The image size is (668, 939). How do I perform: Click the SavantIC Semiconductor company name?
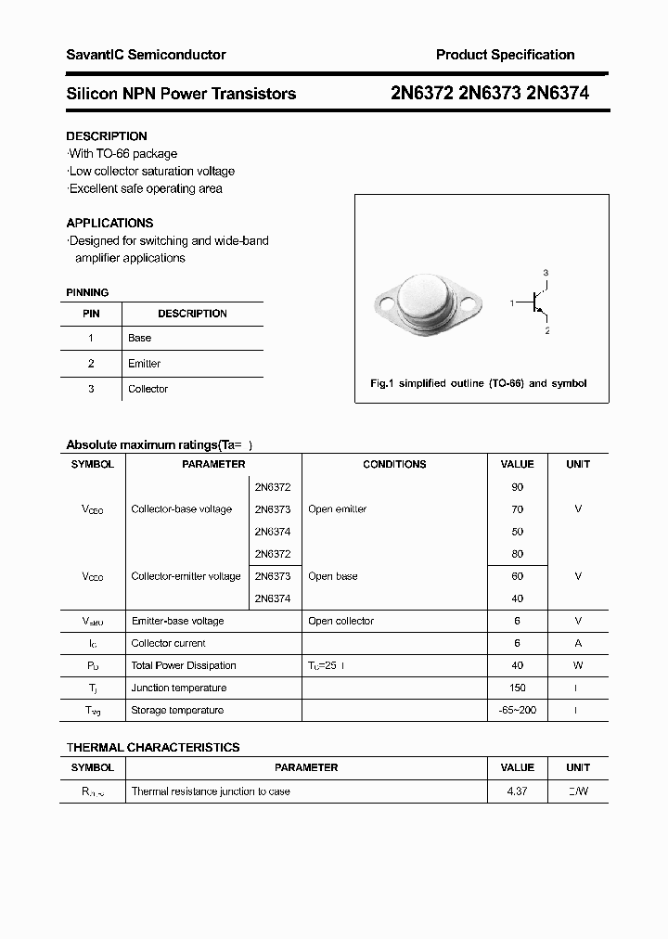146,55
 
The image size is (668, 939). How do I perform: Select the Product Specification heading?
505,55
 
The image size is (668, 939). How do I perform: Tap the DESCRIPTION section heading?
107,136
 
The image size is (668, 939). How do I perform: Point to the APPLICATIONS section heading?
109,223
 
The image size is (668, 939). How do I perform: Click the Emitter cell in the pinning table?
144,364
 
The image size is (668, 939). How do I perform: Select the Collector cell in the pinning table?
148,389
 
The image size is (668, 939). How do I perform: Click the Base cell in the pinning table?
139,338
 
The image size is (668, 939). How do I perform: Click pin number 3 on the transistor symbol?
546,272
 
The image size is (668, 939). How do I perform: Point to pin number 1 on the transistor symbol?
512,303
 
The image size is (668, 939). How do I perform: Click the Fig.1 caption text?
478,383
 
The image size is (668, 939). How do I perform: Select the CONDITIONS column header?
394,464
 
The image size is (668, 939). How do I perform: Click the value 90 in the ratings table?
517,487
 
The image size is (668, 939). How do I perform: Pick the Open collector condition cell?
340,621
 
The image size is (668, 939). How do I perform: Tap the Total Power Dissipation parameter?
184,665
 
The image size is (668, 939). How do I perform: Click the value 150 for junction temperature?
517,688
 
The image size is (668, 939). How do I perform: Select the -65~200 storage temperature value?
517,710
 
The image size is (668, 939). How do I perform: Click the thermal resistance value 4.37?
517,791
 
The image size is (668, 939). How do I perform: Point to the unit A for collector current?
578,643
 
